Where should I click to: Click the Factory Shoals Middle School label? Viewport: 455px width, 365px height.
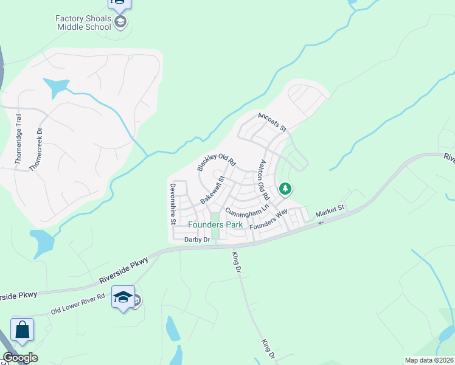tap(84, 23)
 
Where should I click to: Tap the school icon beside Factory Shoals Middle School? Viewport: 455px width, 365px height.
tap(120, 23)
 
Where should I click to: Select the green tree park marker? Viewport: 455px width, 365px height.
tap(285, 189)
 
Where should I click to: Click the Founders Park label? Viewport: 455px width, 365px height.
tap(215, 224)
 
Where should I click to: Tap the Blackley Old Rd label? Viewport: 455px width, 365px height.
tap(216, 157)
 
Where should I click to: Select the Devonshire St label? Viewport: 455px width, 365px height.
tap(173, 203)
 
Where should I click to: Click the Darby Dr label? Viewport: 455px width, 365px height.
tap(196, 240)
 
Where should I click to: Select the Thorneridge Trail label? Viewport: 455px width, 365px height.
tap(18, 138)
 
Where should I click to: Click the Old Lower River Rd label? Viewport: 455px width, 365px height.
tap(78, 303)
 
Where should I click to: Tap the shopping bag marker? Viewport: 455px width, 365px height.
tap(22, 330)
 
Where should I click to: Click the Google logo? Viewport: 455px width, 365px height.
tap(20, 358)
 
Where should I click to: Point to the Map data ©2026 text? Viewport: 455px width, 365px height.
tap(429, 360)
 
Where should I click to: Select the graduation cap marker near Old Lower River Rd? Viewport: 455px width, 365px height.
tap(123, 297)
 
